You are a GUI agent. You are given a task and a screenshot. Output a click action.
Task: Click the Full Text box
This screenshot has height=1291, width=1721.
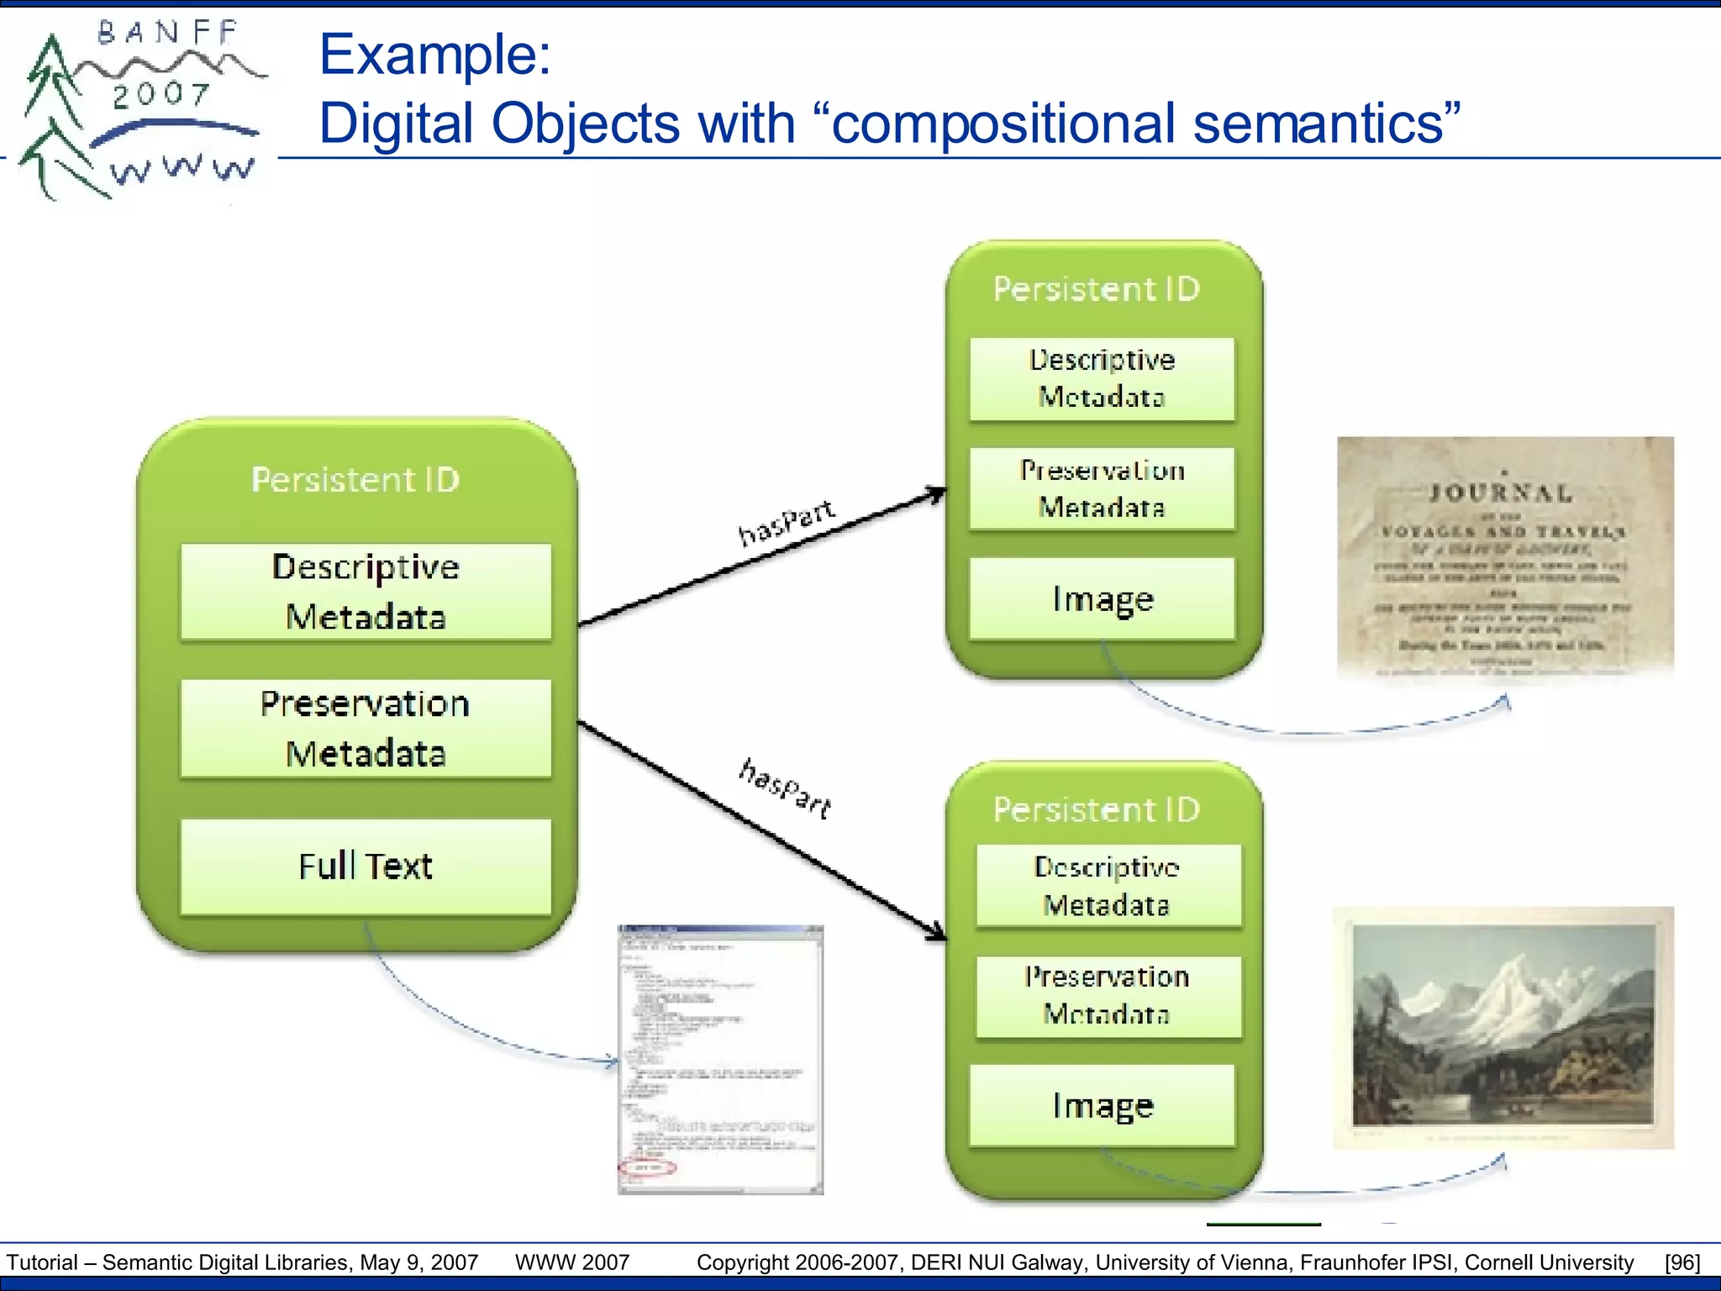coord(366,867)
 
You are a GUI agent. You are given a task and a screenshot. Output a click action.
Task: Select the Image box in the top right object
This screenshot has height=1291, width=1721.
coord(1102,599)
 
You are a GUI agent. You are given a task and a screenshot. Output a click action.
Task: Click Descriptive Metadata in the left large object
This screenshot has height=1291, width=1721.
coord(366,592)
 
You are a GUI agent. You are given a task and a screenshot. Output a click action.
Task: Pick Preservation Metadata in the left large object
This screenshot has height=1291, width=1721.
coord(366,728)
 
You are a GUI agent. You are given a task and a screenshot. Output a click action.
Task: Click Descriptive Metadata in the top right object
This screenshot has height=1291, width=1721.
coord(1102,378)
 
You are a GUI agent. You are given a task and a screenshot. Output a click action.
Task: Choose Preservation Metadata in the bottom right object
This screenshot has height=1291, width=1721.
coord(1108,996)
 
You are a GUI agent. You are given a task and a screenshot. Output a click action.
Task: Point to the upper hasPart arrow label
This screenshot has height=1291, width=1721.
coord(786,522)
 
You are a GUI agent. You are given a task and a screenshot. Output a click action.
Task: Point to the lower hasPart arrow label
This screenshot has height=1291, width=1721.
coord(786,788)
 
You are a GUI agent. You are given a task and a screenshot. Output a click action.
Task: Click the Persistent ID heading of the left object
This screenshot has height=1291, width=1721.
coord(355,480)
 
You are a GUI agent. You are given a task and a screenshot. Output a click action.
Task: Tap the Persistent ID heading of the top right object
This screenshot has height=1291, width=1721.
coord(1097,289)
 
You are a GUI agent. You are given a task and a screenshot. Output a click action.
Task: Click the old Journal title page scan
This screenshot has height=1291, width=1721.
coord(1504,556)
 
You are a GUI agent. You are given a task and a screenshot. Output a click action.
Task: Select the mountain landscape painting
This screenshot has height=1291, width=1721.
coord(1503,1026)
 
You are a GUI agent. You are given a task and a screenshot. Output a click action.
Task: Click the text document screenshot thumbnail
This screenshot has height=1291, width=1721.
coord(720,1059)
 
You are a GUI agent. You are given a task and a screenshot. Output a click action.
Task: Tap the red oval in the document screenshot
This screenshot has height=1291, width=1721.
coord(647,1167)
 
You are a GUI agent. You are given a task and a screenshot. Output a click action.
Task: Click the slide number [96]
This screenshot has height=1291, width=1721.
coord(1682,1262)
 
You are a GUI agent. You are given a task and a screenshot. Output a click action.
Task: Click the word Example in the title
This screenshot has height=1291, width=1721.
coord(434,55)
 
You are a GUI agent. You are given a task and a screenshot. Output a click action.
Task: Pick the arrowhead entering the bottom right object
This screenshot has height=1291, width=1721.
coord(938,932)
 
